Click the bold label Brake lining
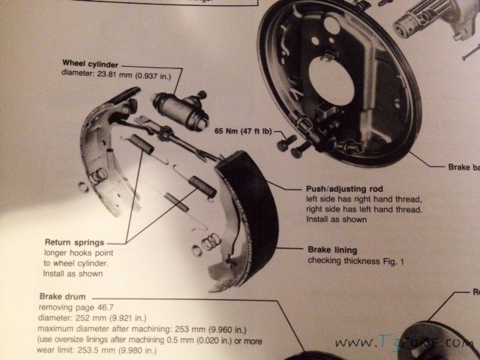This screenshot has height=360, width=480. click(332, 249)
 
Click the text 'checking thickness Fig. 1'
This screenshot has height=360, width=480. click(350, 260)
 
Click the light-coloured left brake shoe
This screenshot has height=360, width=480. click(101, 150)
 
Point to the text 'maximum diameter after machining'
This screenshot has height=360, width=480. click(131, 328)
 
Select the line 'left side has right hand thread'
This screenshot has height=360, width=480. click(360, 201)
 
